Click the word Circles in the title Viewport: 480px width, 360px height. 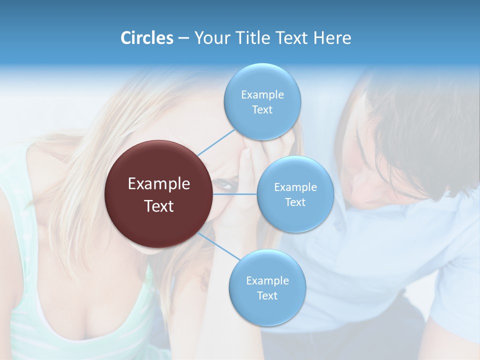pyautogui.click(x=146, y=38)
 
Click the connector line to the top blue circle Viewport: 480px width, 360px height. pyautogui.click(x=216, y=142)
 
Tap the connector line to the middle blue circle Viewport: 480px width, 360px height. pyautogui.click(x=235, y=194)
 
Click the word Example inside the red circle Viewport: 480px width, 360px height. pyautogui.click(x=159, y=184)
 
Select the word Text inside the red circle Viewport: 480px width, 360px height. pyautogui.click(x=159, y=206)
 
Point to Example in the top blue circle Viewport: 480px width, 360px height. pyautogui.click(x=262, y=95)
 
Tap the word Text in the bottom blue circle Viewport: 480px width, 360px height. pyautogui.click(x=267, y=295)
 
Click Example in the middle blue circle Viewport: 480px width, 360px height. pyautogui.click(x=295, y=187)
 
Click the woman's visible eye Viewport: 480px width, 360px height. pyautogui.click(x=226, y=184)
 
